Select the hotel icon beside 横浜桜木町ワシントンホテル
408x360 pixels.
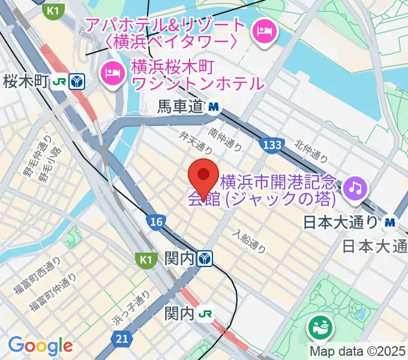click(x=112, y=73)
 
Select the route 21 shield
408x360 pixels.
click(x=122, y=340)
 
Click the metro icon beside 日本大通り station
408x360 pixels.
click(x=391, y=221)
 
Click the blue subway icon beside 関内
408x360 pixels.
click(x=206, y=258)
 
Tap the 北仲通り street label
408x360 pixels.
click(x=311, y=151)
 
